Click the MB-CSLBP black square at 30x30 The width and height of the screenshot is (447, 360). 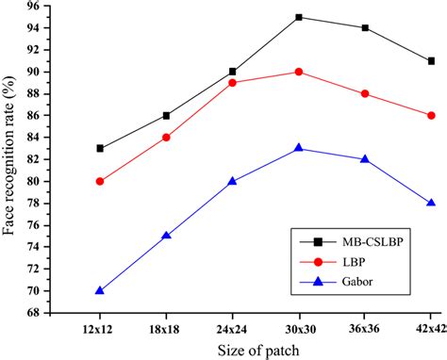click(x=299, y=17)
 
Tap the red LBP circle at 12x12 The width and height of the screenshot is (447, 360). click(x=100, y=181)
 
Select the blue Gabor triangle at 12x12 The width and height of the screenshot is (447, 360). click(x=100, y=290)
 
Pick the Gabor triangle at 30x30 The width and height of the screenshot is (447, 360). click(x=299, y=148)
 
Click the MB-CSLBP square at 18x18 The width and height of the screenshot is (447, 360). click(x=166, y=115)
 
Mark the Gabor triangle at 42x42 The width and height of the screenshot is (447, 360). click(x=431, y=203)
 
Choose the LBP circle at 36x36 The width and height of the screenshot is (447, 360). click(x=365, y=93)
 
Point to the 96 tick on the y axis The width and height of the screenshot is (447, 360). click(x=58, y=7)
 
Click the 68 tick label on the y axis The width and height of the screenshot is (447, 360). click(x=58, y=313)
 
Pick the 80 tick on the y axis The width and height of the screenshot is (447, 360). click(x=58, y=181)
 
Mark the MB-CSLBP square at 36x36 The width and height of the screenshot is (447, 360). click(x=365, y=28)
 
